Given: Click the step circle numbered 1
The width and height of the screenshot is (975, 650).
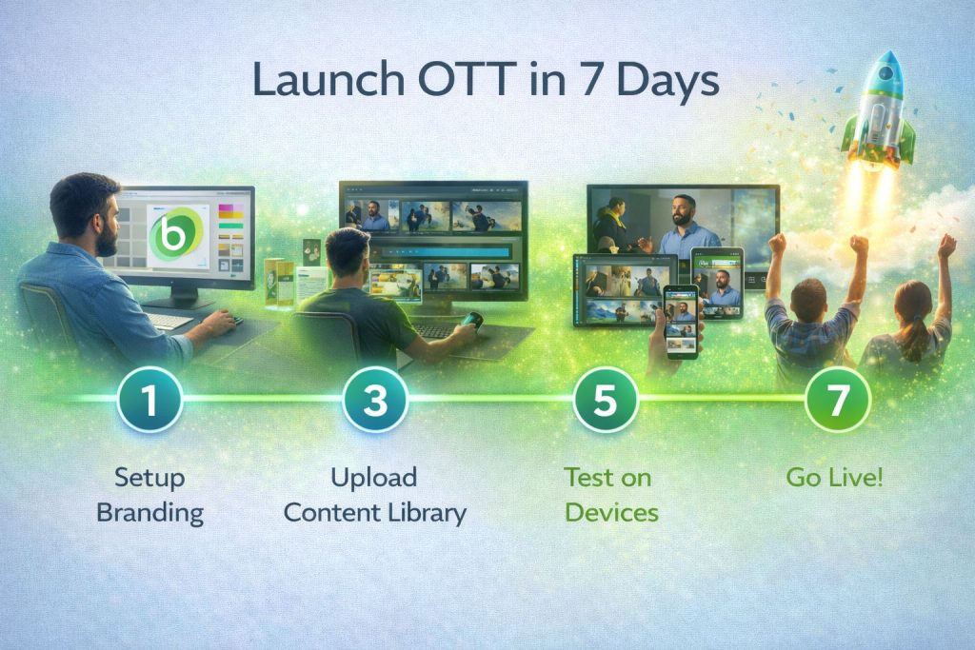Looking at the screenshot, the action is [x=149, y=399].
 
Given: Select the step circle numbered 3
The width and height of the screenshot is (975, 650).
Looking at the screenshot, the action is [x=375, y=399].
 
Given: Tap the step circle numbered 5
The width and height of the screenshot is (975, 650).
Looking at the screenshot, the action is [x=605, y=399].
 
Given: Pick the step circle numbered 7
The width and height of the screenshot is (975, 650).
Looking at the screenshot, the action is [x=838, y=399].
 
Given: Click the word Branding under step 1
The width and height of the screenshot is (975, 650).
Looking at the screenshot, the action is [x=149, y=513].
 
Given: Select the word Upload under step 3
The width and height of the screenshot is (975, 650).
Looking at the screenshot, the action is [x=373, y=478].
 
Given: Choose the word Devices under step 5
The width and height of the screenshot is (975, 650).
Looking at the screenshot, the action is [x=612, y=513].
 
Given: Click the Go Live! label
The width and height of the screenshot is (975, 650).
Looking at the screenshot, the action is [x=834, y=477].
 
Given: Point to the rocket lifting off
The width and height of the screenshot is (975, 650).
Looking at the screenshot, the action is [x=878, y=112].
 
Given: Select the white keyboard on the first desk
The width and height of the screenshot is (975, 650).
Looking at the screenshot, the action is [x=169, y=321].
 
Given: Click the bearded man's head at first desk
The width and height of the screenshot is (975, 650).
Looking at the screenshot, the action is [x=85, y=214].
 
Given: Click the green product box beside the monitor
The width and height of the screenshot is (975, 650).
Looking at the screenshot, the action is [x=279, y=283].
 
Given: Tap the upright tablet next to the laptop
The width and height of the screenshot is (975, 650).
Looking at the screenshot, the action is [x=718, y=284].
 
